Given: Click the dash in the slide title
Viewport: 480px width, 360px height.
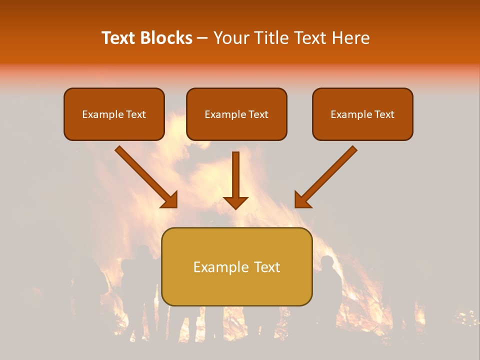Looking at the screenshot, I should [x=202, y=38].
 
